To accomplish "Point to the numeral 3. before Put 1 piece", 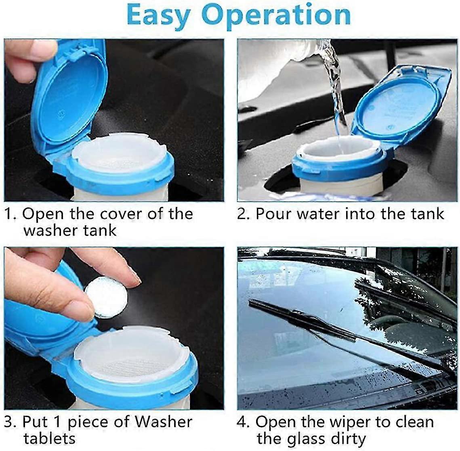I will [x=11, y=422].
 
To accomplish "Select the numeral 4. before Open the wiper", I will [x=244, y=422].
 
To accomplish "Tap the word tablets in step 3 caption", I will [x=49, y=438].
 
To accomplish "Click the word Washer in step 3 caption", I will [x=163, y=422].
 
